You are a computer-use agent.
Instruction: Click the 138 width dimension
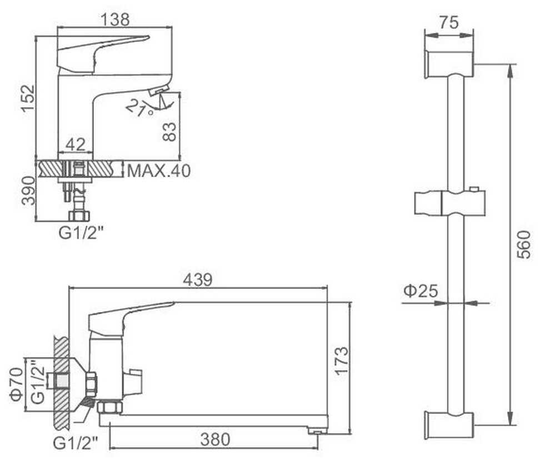pos(115,19)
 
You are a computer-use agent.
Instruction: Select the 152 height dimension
pos(28,98)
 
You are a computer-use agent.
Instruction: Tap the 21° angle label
pos(139,108)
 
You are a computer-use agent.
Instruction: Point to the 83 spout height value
pos(169,132)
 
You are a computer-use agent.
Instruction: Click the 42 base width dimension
pos(76,144)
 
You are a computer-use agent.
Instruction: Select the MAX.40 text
pos(159,171)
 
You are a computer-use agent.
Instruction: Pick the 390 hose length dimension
pos(28,191)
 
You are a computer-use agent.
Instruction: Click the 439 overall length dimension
pos(198,280)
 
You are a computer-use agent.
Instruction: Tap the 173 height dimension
pos(342,361)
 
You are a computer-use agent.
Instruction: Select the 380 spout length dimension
pos(215,440)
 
